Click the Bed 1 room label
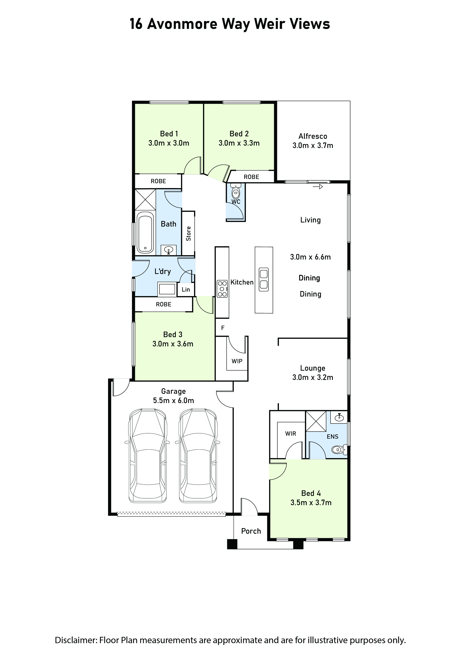pyautogui.click(x=169, y=134)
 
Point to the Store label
pyautogui.click(x=188, y=234)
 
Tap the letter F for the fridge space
pyautogui.click(x=223, y=328)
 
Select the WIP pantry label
pyautogui.click(x=237, y=361)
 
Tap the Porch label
pyautogui.click(x=251, y=531)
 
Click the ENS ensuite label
pyautogui.click(x=332, y=437)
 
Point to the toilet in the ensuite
pyautogui.click(x=340, y=449)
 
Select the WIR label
pyautogui.click(x=291, y=434)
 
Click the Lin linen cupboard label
pyautogui.click(x=186, y=289)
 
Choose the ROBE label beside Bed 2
pyautogui.click(x=251, y=177)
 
